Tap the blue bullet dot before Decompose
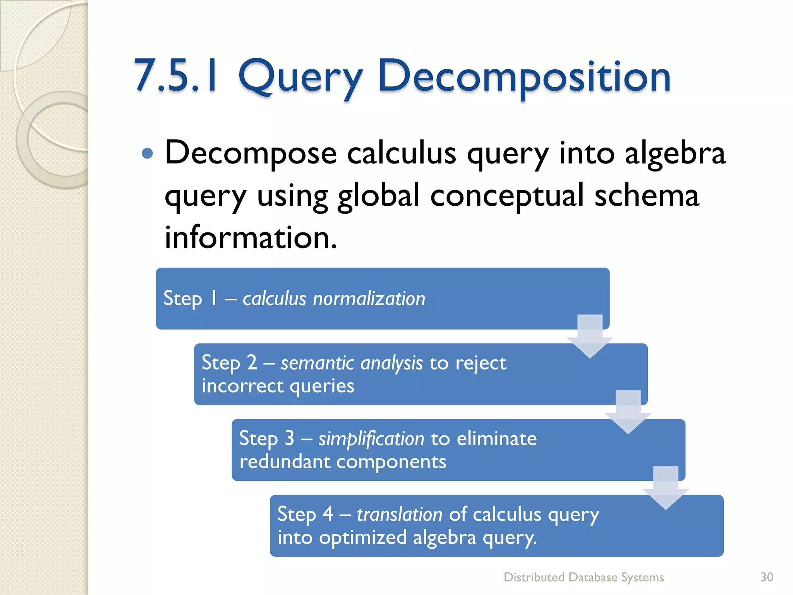click(148, 154)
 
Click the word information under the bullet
click(251, 237)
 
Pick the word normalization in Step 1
click(369, 299)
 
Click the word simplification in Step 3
click(371, 439)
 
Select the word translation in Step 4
click(399, 514)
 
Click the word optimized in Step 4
click(363, 538)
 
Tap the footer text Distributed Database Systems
click(584, 577)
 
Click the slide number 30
click(767, 577)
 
